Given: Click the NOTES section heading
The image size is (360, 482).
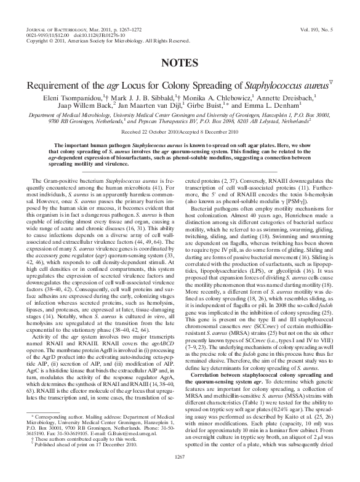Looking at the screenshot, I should (180, 63).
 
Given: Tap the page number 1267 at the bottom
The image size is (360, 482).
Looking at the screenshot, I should (180, 472).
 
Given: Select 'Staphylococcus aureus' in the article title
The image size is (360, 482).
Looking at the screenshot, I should (286, 84).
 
